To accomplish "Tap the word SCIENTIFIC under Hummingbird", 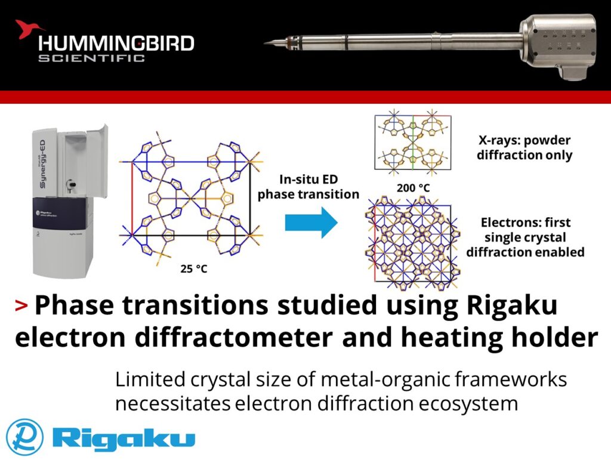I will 92,58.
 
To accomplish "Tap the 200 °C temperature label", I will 413,187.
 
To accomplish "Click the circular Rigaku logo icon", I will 24,436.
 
